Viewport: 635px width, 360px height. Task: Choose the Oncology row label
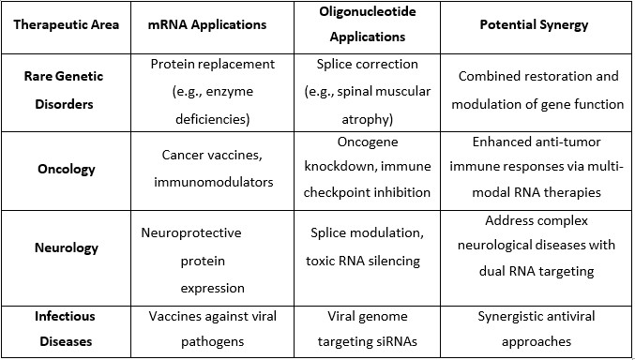[x=66, y=171]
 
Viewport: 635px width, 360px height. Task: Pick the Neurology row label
[x=66, y=249]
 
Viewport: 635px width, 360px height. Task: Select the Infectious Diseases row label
[x=66, y=329]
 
